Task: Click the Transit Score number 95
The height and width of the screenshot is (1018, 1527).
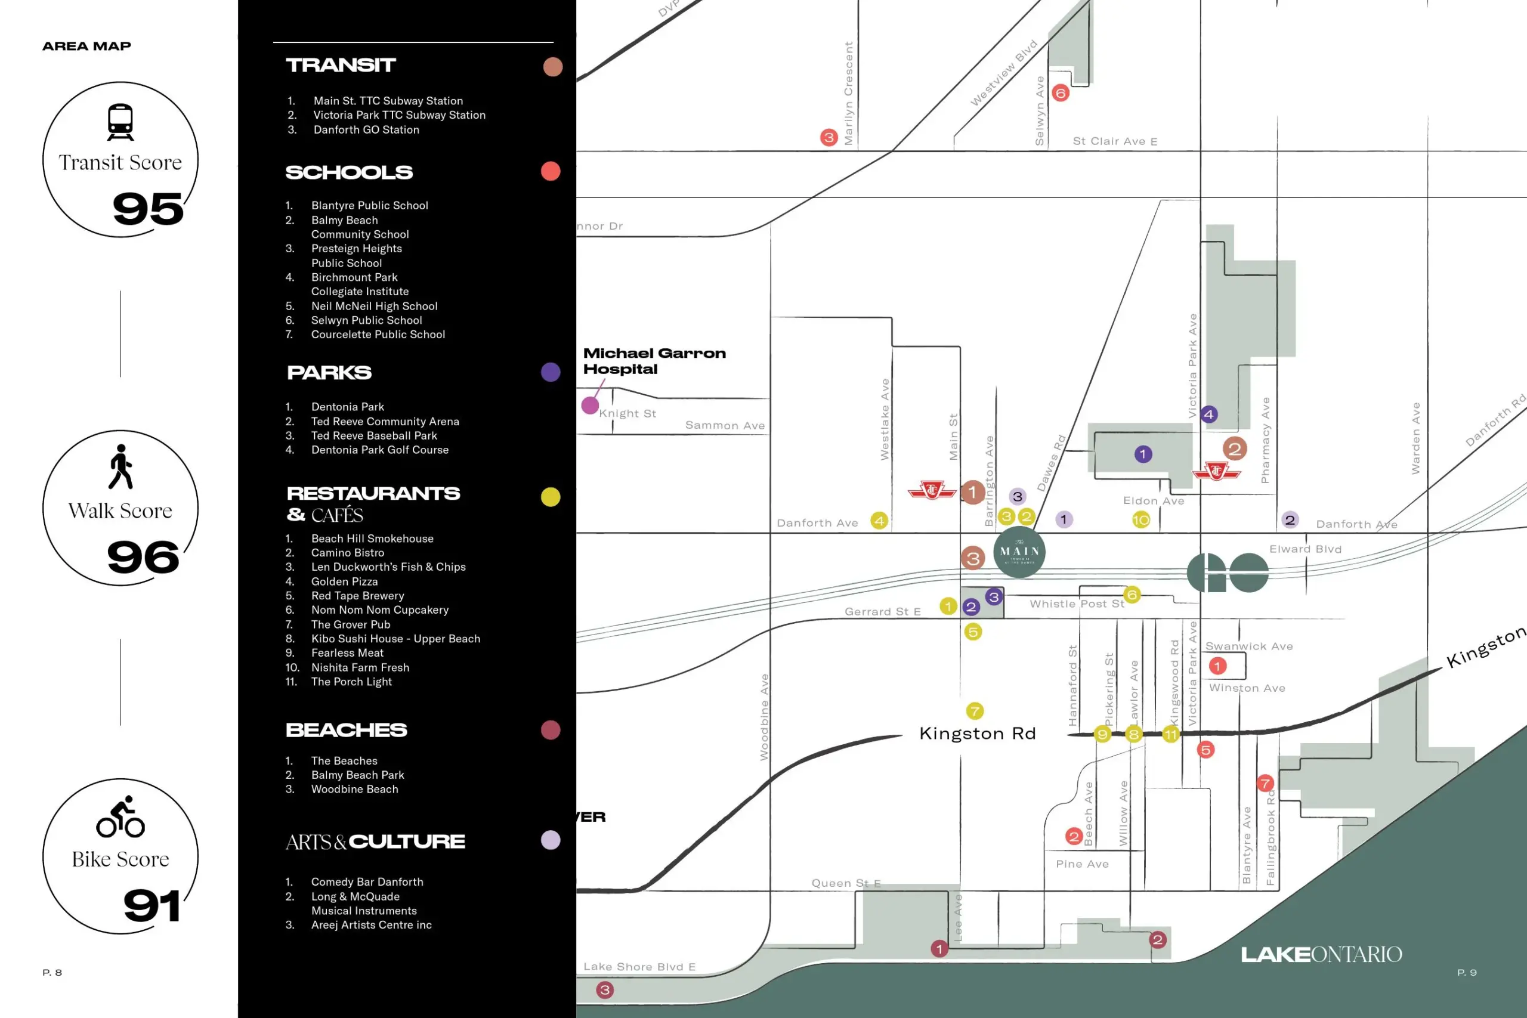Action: pos(148,209)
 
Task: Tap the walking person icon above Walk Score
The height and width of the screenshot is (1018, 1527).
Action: pos(120,467)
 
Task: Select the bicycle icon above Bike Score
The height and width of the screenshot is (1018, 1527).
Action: pos(120,818)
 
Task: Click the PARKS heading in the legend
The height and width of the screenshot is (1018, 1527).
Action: pos(329,373)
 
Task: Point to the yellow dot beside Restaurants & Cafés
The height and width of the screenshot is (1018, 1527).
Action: pos(551,497)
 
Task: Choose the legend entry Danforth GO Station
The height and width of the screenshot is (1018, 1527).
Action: pos(366,130)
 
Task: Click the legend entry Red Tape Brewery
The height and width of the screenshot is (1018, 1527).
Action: pos(357,596)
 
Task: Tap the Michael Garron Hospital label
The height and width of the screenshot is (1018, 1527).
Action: pos(654,361)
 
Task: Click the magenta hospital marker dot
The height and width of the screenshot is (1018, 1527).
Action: pos(589,406)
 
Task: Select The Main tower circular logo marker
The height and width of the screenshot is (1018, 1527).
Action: pos(1019,552)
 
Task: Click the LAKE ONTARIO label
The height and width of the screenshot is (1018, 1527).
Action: pos(1321,954)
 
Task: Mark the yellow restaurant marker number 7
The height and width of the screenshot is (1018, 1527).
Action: pos(975,711)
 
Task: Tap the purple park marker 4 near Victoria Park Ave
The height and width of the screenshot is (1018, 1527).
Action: pos(1208,414)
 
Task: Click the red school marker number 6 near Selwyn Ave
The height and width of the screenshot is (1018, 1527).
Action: pos(1060,93)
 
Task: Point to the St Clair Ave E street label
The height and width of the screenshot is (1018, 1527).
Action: pos(1115,141)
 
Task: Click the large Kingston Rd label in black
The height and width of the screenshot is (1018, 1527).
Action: pos(977,734)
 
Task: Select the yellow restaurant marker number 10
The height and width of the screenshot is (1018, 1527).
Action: pos(1140,519)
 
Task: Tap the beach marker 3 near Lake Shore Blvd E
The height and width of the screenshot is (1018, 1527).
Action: pos(604,990)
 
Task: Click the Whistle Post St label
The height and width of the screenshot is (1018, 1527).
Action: pos(1077,604)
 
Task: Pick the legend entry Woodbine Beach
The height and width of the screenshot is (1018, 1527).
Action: pos(354,790)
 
